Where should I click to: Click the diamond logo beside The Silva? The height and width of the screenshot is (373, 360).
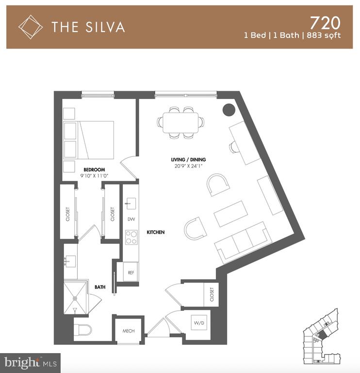pyautogui.click(x=31, y=27)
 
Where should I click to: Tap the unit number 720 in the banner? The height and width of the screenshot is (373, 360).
pyautogui.click(x=325, y=23)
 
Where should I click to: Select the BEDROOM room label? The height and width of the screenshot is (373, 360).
pyautogui.click(x=94, y=170)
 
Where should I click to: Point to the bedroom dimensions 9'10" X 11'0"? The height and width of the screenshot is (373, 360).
pyautogui.click(x=94, y=176)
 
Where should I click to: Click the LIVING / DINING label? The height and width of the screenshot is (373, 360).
pyautogui.click(x=188, y=160)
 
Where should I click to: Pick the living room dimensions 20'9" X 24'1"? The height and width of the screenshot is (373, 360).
pyautogui.click(x=188, y=166)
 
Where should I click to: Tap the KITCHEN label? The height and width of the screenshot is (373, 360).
pyautogui.click(x=156, y=232)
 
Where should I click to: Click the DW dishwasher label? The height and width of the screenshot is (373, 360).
pyautogui.click(x=131, y=219)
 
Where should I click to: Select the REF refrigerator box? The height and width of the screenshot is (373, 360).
pyautogui.click(x=131, y=272)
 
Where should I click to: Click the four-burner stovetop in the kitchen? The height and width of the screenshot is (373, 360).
pyautogui.click(x=131, y=237)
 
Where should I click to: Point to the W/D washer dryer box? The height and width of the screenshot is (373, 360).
pyautogui.click(x=199, y=322)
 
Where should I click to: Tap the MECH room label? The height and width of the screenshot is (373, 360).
pyautogui.click(x=129, y=331)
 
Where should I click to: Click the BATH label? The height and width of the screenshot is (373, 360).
pyautogui.click(x=100, y=287)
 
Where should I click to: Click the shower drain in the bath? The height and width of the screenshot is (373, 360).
pyautogui.click(x=75, y=298)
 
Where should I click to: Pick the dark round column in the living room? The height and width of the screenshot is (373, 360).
pyautogui.click(x=229, y=110)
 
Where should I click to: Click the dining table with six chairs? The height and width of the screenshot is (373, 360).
pyautogui.click(x=180, y=123)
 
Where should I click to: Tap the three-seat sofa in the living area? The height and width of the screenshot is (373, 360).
pyautogui.click(x=244, y=241)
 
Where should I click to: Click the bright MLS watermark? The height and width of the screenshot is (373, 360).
pyautogui.click(x=31, y=363)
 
